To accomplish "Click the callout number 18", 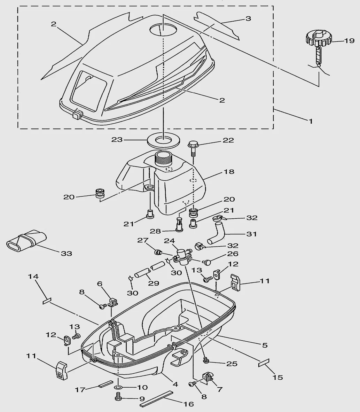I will point(229,171).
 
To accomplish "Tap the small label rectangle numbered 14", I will point(47,301).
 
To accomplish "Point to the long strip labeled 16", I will point(156,399).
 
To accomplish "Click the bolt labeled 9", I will point(118,397).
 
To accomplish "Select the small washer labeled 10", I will point(118,387).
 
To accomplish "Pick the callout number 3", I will point(248,18).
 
